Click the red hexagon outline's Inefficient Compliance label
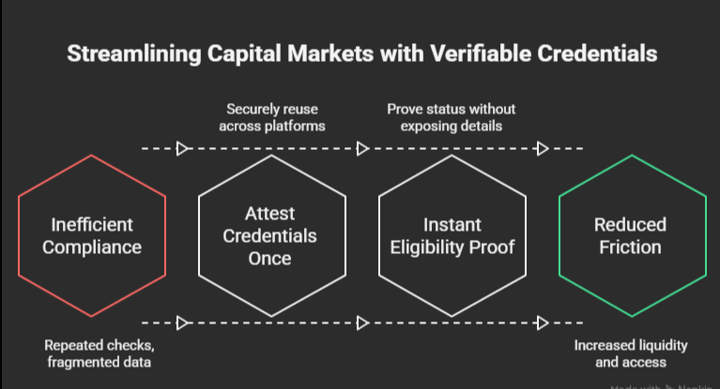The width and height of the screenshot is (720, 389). click(x=91, y=236)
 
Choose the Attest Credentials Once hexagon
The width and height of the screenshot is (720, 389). click(x=270, y=236)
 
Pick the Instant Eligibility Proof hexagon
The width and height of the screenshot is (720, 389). click(x=451, y=236)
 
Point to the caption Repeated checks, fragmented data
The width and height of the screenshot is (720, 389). click(x=91, y=353)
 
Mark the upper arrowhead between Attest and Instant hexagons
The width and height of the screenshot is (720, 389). click(x=363, y=148)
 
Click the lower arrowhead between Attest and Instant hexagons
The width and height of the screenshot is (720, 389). click(x=363, y=323)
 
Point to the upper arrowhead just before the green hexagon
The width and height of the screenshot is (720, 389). click(x=542, y=148)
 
